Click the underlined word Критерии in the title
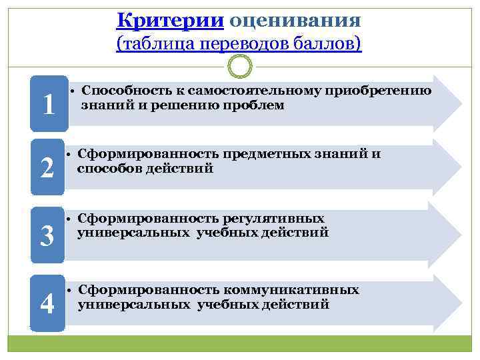point(169,19)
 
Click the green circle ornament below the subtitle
point(240,67)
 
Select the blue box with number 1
point(48,103)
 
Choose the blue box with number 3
point(48,235)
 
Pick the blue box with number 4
point(48,303)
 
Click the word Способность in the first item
point(118,91)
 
